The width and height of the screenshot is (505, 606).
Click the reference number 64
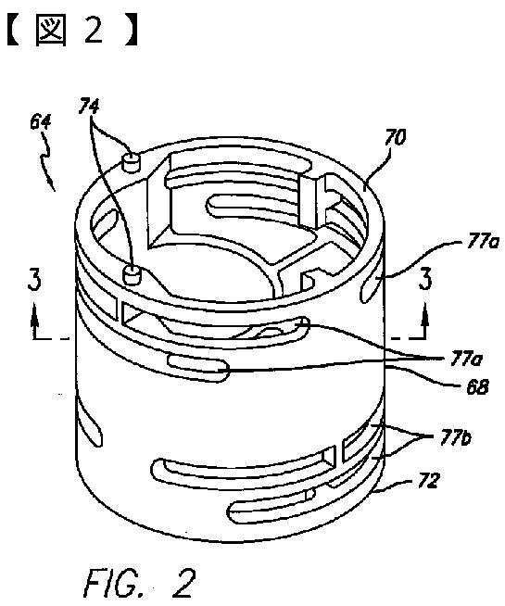pyautogui.click(x=40, y=122)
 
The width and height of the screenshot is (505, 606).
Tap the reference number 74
pyautogui.click(x=88, y=106)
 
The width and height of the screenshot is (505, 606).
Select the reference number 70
pyautogui.click(x=395, y=137)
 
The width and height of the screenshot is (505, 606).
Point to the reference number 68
pyautogui.click(x=477, y=387)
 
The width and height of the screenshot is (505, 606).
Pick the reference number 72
pyautogui.click(x=428, y=480)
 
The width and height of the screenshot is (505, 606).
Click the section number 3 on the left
pyautogui.click(x=34, y=280)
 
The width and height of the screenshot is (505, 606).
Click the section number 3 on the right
pyautogui.click(x=425, y=280)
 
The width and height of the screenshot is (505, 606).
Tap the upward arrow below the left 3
pyautogui.click(x=35, y=320)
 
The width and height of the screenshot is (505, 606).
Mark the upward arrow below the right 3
pyautogui.click(x=425, y=320)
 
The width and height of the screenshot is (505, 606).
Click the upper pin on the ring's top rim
pyautogui.click(x=131, y=162)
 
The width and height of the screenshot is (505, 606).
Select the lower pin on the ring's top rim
pyautogui.click(x=132, y=275)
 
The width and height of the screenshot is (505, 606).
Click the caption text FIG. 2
pyautogui.click(x=140, y=583)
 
